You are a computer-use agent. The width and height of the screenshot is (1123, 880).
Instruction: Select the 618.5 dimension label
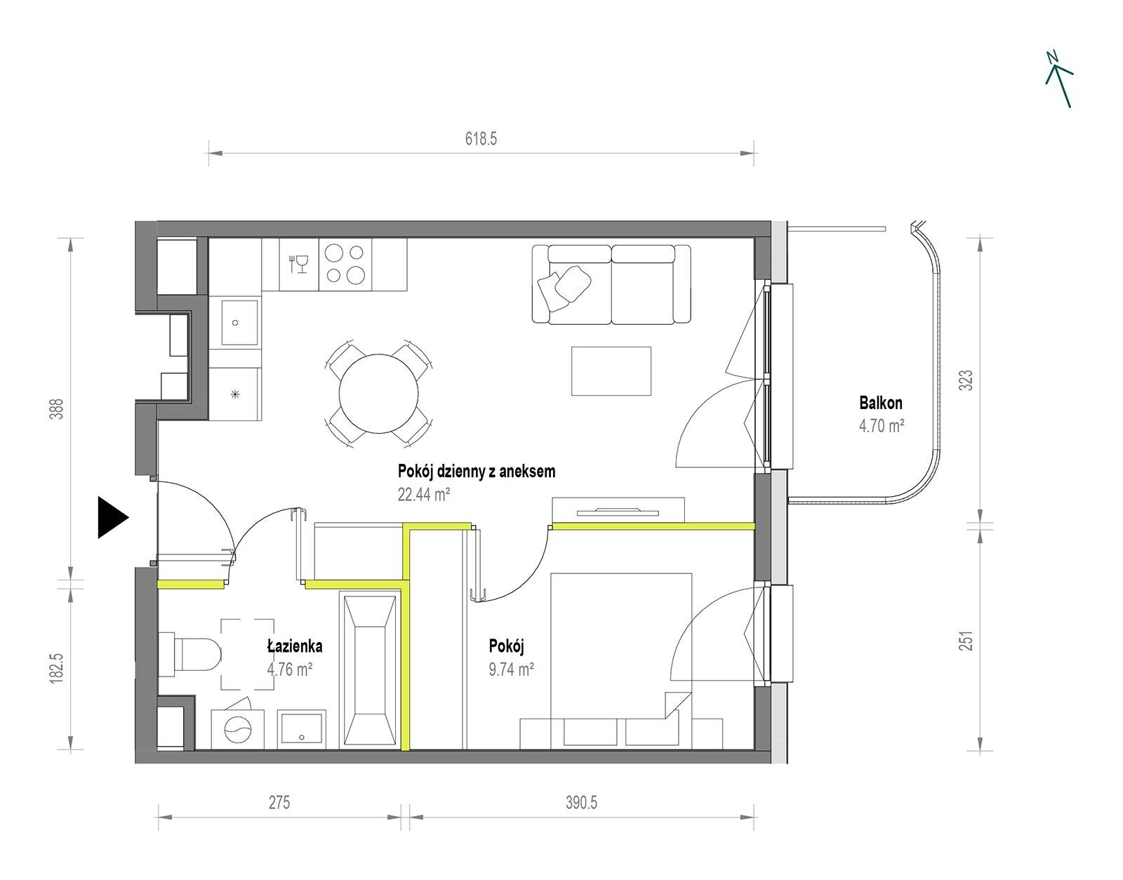tap(481, 138)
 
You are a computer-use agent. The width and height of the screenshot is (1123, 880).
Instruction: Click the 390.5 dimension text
tap(581, 802)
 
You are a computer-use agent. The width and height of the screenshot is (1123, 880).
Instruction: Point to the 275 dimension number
tap(279, 802)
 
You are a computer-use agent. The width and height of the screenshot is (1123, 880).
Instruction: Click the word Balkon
tap(881, 403)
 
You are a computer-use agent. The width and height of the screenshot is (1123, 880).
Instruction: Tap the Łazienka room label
tap(295, 646)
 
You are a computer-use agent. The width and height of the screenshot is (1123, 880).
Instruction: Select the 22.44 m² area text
tap(424, 495)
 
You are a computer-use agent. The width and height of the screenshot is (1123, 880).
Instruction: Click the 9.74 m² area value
tap(511, 669)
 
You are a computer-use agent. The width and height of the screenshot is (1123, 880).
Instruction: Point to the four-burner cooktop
tap(345, 264)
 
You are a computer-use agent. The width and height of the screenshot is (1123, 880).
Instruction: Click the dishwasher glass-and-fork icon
tap(299, 263)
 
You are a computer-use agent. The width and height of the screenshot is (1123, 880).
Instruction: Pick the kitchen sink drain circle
tap(235, 323)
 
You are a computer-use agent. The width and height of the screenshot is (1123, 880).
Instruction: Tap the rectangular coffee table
tap(611, 371)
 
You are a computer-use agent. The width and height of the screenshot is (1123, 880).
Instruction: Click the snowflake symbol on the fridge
tap(235, 394)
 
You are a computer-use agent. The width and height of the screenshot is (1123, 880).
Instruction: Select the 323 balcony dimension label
tap(966, 380)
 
